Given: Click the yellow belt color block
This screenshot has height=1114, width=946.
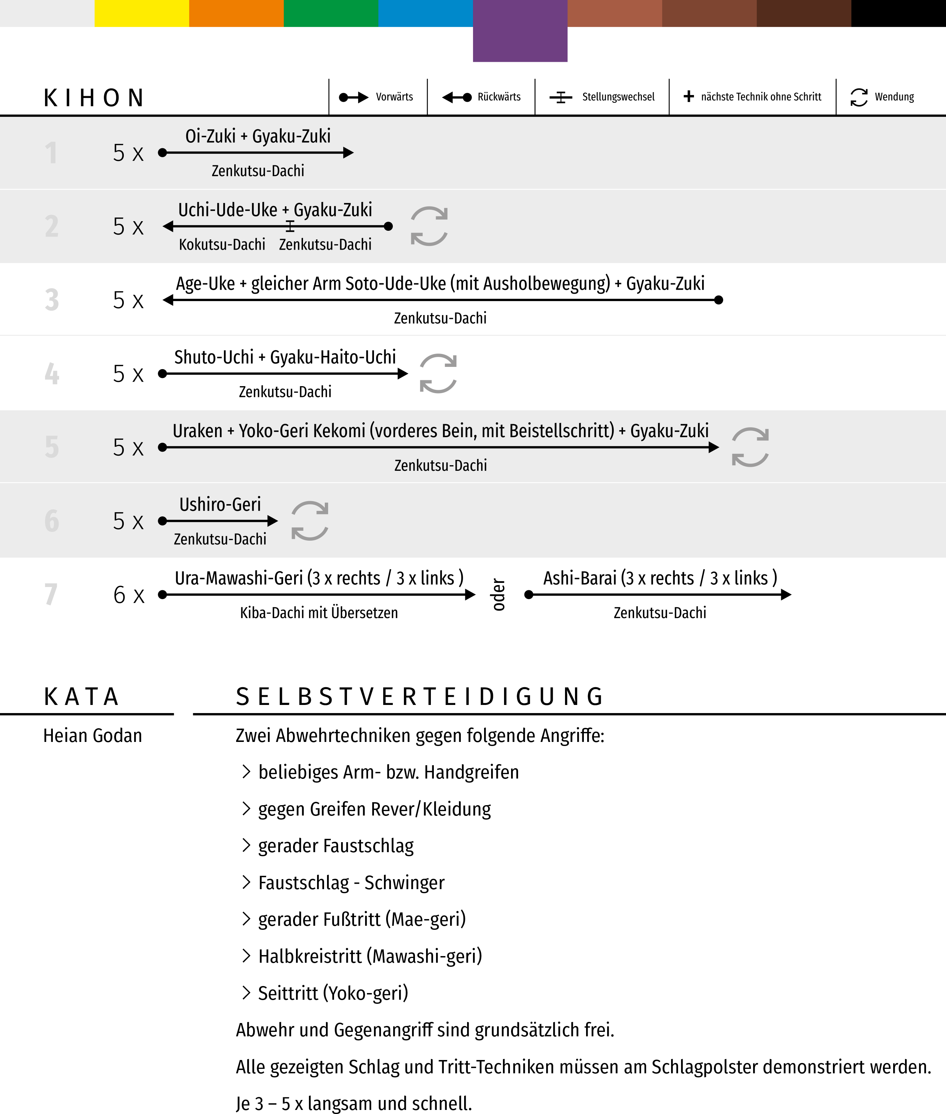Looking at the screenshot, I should click(142, 13).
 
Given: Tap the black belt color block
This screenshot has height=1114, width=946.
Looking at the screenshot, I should click(898, 13).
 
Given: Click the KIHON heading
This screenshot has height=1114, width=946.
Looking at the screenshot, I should click(94, 98).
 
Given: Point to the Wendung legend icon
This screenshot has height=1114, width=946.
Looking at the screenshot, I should click(858, 97).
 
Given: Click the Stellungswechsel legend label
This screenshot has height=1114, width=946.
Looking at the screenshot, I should click(618, 97).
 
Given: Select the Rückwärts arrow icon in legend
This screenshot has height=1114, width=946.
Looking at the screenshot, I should click(456, 97).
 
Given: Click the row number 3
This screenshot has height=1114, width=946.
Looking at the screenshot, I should click(51, 300).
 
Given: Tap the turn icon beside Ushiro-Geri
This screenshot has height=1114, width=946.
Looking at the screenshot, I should click(310, 520).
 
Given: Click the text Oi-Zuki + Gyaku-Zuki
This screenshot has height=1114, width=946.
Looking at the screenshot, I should click(258, 136).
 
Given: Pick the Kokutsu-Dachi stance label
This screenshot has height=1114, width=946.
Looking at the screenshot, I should click(222, 245).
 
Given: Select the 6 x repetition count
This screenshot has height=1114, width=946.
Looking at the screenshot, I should click(129, 595).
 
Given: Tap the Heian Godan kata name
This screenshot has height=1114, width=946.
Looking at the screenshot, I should click(93, 736).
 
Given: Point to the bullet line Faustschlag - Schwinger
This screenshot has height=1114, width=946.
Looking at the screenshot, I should click(351, 883).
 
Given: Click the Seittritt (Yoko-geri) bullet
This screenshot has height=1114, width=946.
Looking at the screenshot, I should click(333, 993).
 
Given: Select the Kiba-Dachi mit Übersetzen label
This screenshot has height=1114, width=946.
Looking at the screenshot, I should click(319, 613).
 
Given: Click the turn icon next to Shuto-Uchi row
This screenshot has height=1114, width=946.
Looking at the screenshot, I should click(438, 374).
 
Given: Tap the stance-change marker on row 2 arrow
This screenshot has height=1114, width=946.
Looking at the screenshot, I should click(290, 226).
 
